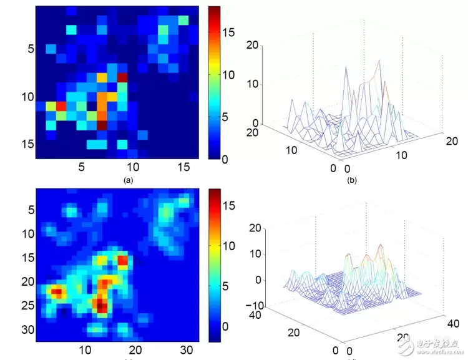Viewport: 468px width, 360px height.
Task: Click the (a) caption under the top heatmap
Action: [x=128, y=180]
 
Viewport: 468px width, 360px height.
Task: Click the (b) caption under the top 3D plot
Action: [x=351, y=181]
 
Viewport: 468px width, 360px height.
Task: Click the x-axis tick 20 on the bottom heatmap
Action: [x=136, y=350]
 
